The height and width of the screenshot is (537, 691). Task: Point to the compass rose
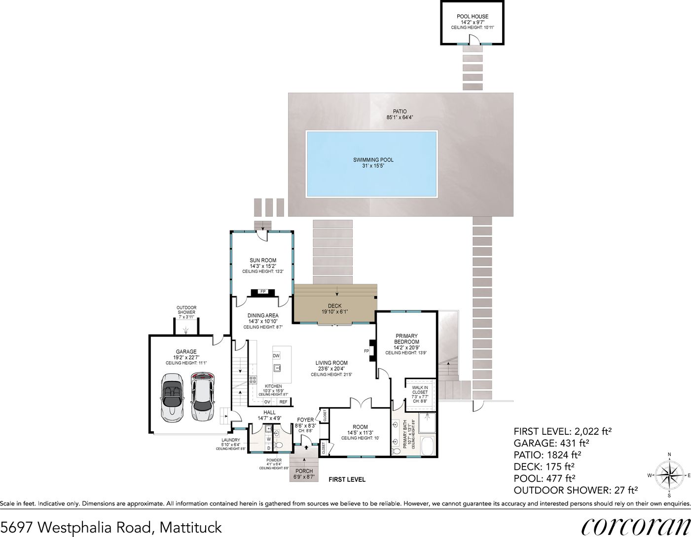point(669,475)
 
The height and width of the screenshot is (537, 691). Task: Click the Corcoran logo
point(635,526)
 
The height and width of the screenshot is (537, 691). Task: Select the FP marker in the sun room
point(263,292)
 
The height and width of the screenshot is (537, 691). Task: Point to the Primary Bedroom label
point(406,339)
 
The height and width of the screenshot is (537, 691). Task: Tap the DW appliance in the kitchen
point(276,356)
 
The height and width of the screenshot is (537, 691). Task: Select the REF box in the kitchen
point(283,402)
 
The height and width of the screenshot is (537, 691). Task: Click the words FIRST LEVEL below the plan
point(347,479)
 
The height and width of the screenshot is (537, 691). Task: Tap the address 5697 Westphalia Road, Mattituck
point(111,527)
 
